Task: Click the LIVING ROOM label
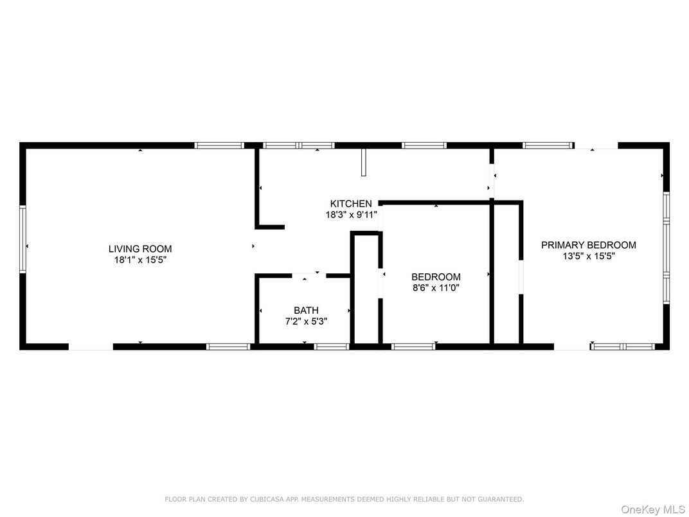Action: coord(140,249)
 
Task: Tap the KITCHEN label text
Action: coord(351,204)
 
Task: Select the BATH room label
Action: coord(307,311)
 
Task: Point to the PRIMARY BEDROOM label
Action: coord(588,245)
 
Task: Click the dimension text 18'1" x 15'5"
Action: coord(140,260)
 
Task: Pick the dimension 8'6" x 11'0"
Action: coord(436,288)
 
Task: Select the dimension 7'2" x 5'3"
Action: coord(307,322)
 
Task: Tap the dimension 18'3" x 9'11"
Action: coord(351,215)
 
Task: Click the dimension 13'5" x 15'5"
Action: coord(588,257)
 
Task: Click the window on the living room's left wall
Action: coord(22,240)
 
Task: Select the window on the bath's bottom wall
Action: coord(331,347)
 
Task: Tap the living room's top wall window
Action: coord(219,145)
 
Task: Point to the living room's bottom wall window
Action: coord(228,347)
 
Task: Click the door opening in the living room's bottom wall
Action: coord(91,347)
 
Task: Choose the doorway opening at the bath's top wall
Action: coord(309,276)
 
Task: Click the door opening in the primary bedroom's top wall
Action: coord(596,145)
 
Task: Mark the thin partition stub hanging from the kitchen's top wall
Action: coord(363,162)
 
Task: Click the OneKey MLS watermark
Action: coord(652,509)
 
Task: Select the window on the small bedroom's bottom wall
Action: coord(413,347)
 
